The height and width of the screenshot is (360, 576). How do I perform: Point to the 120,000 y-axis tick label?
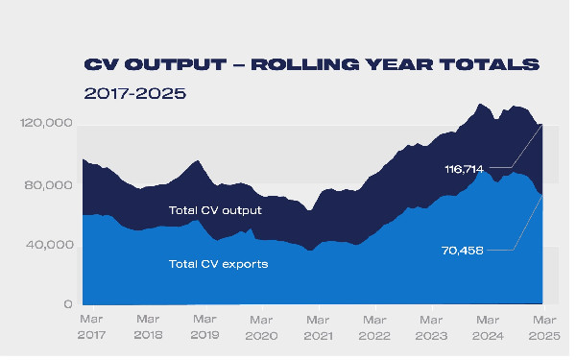pos(46,124)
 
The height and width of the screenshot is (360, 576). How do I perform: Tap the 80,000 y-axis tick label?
pos(49,184)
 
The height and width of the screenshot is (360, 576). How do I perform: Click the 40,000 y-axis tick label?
pos(49,245)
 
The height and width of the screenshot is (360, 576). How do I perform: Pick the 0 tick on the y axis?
pos(68,304)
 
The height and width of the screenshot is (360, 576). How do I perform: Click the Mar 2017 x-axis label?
pos(92,327)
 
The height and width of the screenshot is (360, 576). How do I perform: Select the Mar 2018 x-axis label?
pos(148,327)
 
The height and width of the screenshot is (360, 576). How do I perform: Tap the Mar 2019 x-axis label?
pos(204,327)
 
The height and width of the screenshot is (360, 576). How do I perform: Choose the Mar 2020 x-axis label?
pos(261,327)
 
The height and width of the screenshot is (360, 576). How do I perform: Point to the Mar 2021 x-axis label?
pos(318,327)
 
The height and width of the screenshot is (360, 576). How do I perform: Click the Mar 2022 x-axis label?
pos(374,327)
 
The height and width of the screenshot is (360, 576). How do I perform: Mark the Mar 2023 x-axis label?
pos(431,327)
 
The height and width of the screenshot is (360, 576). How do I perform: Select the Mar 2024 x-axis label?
pos(488,327)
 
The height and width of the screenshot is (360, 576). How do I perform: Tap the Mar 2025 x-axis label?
pos(543,327)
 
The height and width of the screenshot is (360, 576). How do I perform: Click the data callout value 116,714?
pos(465,168)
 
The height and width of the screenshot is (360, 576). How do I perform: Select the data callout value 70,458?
pos(464,251)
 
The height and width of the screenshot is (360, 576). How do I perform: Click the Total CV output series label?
pos(215,209)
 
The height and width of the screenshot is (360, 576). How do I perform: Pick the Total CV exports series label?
pos(218,262)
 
